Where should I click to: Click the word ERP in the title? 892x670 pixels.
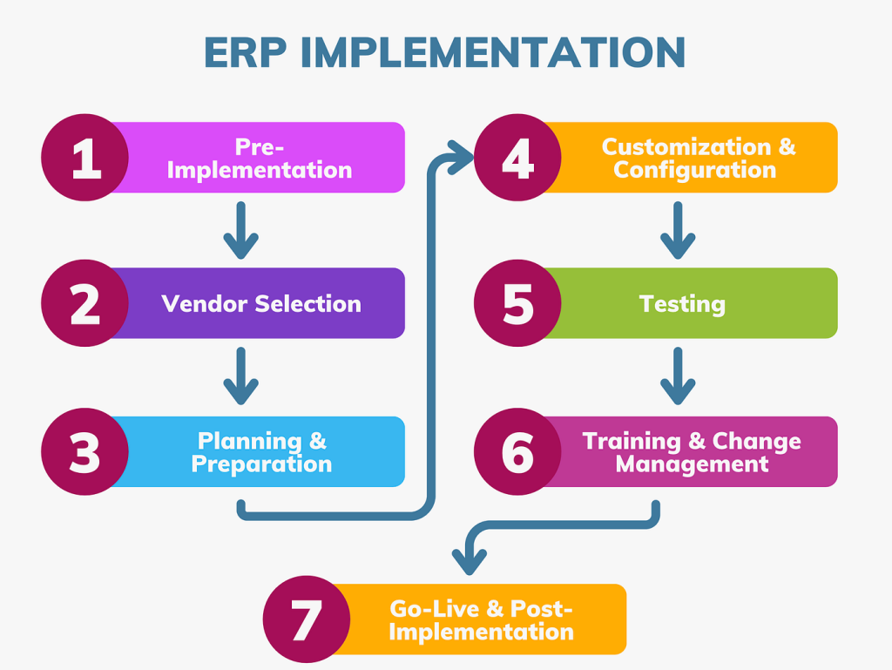pos(246,52)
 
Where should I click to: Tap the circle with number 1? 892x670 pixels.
pos(85,158)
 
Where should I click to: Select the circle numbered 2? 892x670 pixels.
pos(85,303)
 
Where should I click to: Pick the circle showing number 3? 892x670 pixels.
pos(85,452)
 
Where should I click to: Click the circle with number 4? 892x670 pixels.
pos(517,158)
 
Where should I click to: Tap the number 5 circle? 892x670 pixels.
pos(517,303)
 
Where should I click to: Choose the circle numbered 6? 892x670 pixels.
pos(517,452)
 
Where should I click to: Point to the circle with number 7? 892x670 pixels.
pos(306,619)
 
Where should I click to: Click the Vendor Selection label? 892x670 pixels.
pos(261,304)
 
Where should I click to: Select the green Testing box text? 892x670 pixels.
pos(682,304)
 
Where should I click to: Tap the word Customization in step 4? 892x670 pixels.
pos(686,146)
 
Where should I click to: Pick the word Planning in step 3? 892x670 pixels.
pos(239,441)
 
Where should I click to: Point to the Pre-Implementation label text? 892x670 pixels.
pos(260,159)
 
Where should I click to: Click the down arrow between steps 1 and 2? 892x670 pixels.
pos(241,231)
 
